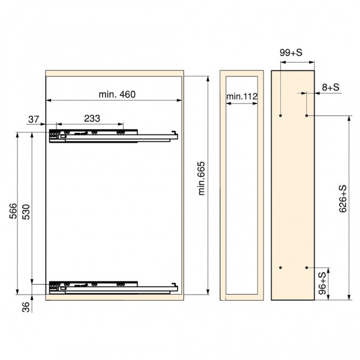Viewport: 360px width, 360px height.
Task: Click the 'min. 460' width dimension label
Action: [x=117, y=94]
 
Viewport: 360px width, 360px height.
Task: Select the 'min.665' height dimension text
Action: [x=201, y=178]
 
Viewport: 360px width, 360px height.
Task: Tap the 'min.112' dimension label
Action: [x=242, y=96]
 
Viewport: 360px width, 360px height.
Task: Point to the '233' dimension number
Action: [x=92, y=118]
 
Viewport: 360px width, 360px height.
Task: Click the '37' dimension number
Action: [x=34, y=118]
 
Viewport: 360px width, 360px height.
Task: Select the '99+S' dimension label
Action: [x=290, y=53]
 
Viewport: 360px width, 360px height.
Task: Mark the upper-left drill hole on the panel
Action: [x=281, y=116]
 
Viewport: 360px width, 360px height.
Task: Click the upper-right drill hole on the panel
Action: [x=307, y=116]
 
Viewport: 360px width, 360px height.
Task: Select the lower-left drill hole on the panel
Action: [x=281, y=268]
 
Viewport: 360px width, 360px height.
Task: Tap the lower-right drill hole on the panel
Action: [x=307, y=268]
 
